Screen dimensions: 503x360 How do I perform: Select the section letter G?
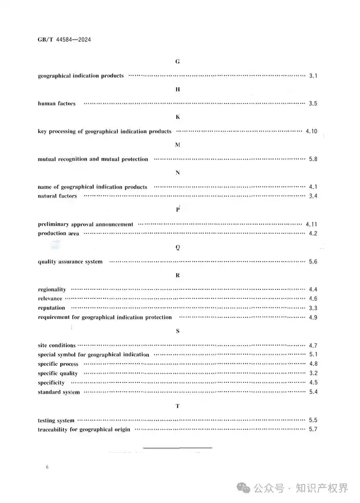tap(177, 61)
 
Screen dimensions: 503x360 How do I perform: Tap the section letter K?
tap(177, 117)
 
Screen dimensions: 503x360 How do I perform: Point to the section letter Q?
tap(177, 248)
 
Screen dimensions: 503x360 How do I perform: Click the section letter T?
tap(177, 406)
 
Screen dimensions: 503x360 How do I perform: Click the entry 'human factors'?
tap(56, 104)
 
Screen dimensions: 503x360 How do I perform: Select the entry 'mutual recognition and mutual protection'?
tap(93, 159)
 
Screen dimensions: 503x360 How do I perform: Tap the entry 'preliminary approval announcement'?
tap(85, 224)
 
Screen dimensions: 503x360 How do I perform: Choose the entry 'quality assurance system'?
tap(70, 262)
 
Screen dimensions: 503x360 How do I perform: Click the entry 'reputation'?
tap(51, 308)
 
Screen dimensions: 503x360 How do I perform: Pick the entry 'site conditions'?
tap(56, 346)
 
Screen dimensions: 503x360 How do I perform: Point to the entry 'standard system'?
tap(59, 392)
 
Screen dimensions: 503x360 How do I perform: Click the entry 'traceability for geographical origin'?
tap(84, 429)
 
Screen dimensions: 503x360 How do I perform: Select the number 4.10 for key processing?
tap(311, 131)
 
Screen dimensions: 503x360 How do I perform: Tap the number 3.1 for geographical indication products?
tap(313, 75)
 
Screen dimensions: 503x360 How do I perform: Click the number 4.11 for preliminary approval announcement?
tap(311, 224)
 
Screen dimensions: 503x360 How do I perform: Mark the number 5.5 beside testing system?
tap(313, 420)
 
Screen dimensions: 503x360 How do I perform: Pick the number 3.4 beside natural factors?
tap(313, 196)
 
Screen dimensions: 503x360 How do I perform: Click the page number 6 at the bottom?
tap(48, 467)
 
